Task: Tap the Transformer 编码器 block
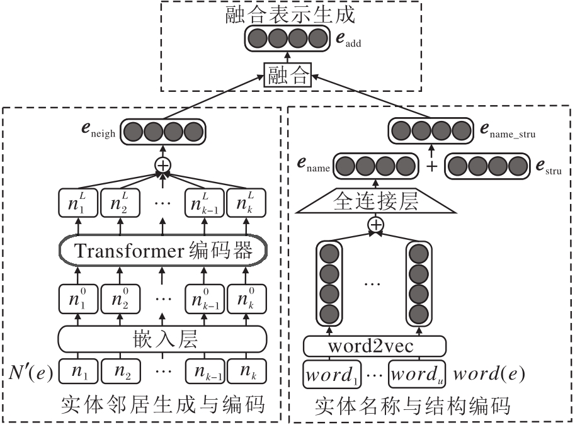[163, 251]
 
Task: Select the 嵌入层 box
[163, 341]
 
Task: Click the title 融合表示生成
[288, 16]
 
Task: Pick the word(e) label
[489, 375]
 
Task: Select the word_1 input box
[330, 375]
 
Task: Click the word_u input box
[416, 375]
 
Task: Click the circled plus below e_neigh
[163, 166]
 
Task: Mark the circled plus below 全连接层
[376, 225]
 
